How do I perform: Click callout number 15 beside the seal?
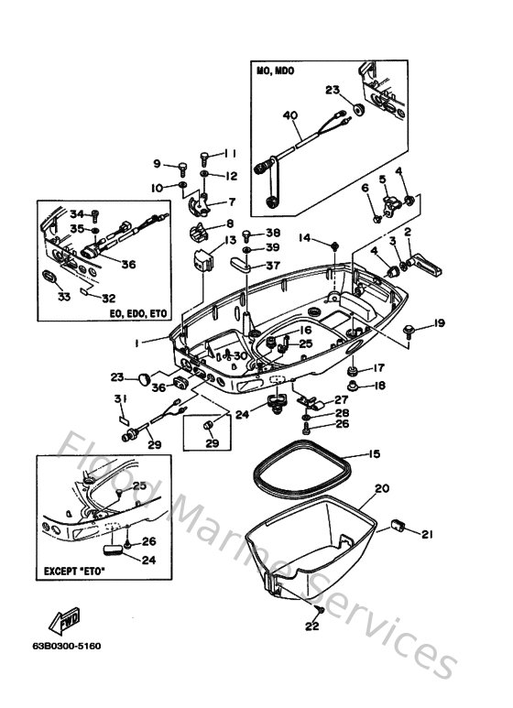pyautogui.click(x=373, y=453)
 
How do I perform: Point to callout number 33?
pyautogui.click(x=63, y=296)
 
